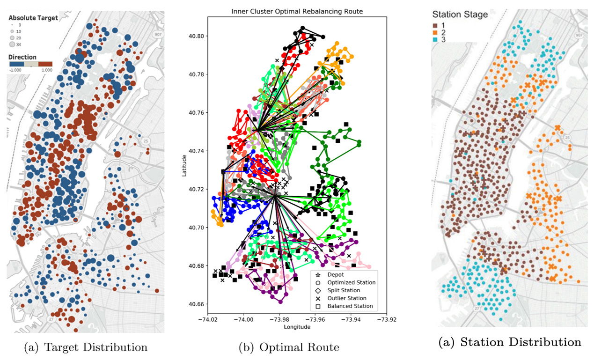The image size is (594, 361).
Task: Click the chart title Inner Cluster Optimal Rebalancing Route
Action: [x=297, y=11]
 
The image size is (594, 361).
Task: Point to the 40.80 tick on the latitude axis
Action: [x=196, y=36]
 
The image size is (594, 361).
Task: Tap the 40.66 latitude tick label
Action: [x=196, y=304]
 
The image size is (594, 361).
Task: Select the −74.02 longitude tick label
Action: [x=208, y=319]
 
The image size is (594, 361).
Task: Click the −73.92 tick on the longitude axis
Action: [x=387, y=319]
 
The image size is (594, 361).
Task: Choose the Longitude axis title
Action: [x=297, y=327]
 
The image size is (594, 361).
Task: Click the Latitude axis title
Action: [x=184, y=166]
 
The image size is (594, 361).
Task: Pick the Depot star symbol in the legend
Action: [x=318, y=275]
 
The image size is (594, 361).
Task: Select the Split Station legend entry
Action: [x=344, y=290]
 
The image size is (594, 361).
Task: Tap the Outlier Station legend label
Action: [x=347, y=298]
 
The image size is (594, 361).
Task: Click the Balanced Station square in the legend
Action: [x=318, y=306]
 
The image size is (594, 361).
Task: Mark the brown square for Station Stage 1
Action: [x=435, y=26]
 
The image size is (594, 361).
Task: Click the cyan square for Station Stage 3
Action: [x=435, y=40]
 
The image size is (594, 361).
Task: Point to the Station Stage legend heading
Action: [x=460, y=15]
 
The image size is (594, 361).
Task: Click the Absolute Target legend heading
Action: [x=33, y=18]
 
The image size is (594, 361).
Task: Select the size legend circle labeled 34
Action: [x=12, y=44]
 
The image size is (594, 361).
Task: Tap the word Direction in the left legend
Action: [x=22, y=57]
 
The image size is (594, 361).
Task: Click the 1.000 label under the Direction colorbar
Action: [x=47, y=70]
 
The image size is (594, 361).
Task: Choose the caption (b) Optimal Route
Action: [x=289, y=347]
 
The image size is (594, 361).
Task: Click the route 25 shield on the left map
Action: [x=146, y=141]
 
